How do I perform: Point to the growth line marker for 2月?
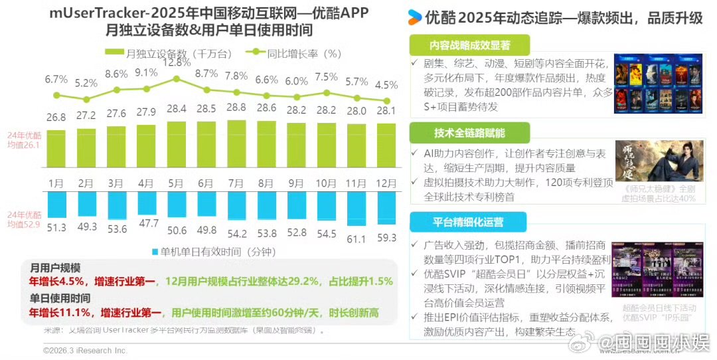86,99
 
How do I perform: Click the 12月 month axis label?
386,181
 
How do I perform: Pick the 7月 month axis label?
236,181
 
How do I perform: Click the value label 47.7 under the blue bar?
146,223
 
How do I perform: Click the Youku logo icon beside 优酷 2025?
415,16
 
